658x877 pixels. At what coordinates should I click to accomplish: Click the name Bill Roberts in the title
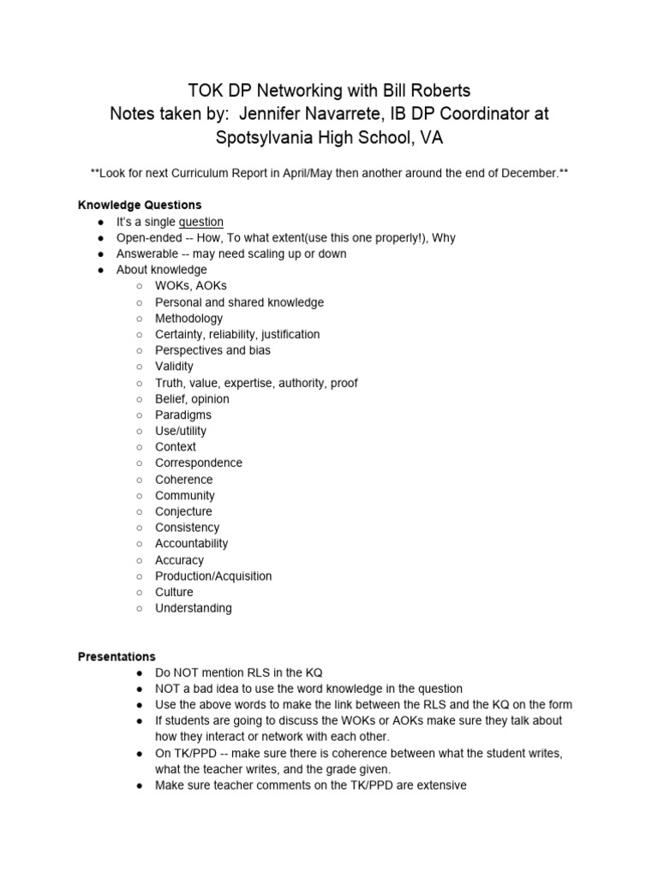(416, 90)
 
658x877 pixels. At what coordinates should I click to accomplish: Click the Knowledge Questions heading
(140, 205)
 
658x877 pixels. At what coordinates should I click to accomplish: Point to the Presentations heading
(117, 657)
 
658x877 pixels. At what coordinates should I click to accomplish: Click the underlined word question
(200, 222)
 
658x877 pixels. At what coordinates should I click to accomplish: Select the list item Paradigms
(182, 415)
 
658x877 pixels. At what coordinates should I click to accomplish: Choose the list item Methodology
(188, 318)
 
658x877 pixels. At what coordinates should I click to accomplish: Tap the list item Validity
(174, 367)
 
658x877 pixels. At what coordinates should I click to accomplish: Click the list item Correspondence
(198, 462)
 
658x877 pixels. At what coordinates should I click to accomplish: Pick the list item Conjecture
(183, 511)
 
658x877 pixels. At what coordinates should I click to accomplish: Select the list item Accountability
(191, 543)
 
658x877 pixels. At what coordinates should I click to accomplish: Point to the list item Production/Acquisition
(213, 576)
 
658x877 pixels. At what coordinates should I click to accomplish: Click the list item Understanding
(193, 608)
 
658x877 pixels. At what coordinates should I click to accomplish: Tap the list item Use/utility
(180, 431)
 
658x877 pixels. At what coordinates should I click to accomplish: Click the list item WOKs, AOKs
(190, 286)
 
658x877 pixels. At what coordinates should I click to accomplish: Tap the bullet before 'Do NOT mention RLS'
(140, 673)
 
